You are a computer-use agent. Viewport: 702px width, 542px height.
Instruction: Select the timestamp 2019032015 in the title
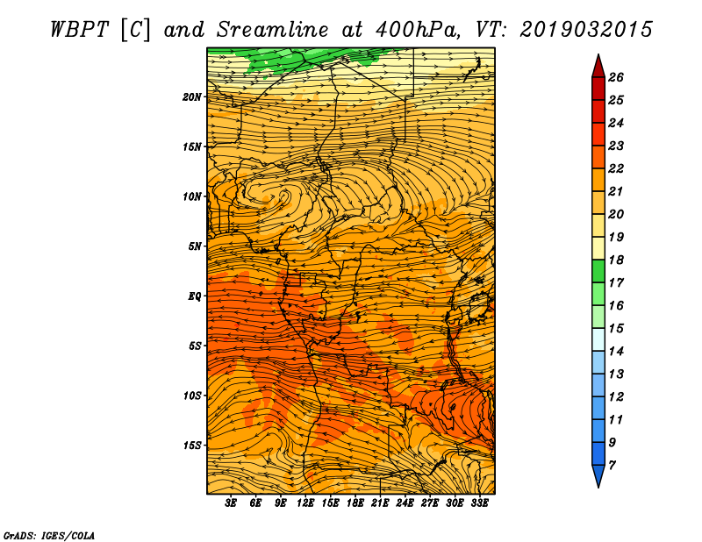586,28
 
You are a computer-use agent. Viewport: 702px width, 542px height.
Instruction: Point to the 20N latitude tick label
193,96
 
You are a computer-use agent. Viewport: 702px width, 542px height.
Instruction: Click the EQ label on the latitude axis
196,296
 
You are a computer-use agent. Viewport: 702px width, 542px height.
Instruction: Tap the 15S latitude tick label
193,445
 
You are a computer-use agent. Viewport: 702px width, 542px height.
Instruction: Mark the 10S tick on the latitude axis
193,396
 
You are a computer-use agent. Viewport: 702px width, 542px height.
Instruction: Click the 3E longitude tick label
232,503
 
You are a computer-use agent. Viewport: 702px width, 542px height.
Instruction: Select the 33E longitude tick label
479,503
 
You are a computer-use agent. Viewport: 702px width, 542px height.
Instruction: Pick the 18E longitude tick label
355,503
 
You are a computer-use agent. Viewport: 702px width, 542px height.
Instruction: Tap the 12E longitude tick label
306,503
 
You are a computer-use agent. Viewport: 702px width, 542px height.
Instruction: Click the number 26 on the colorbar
617,77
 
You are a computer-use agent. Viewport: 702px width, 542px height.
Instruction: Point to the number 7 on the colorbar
612,465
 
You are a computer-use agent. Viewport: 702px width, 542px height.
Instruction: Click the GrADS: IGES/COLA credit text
49,534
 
